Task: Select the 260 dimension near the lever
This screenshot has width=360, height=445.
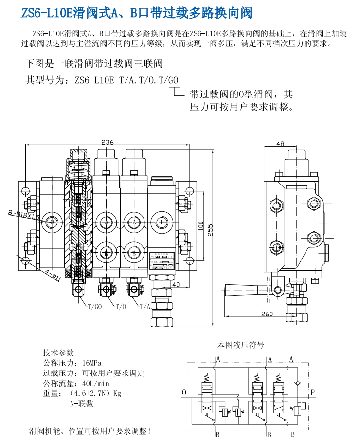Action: (x=267, y=314)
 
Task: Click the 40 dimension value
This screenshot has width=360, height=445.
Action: (x=176, y=285)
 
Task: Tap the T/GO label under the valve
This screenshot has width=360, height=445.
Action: (x=94, y=307)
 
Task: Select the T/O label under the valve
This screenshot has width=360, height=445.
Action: (x=120, y=307)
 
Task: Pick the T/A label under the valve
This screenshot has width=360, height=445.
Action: (x=144, y=307)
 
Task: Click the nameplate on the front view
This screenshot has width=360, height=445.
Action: (x=163, y=260)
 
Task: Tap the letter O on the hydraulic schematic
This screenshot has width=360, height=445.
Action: (x=183, y=392)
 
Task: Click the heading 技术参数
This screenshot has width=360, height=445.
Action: (x=58, y=353)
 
